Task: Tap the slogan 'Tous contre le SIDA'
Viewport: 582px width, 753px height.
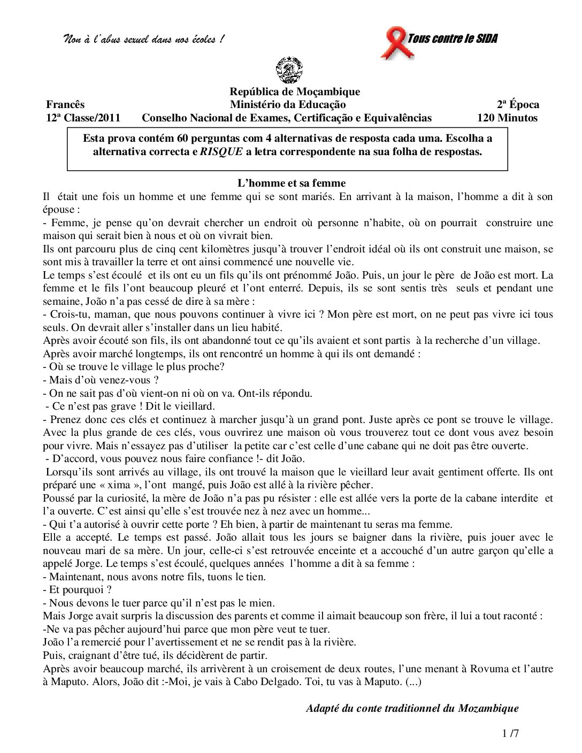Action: [x=453, y=39]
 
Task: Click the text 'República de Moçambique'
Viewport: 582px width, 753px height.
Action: [x=295, y=91]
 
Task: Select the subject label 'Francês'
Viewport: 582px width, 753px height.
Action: [x=65, y=104]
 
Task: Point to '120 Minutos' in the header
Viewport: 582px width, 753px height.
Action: [x=507, y=118]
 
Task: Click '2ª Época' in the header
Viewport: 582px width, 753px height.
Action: [x=518, y=104]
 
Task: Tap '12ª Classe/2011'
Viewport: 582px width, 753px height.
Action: [x=83, y=118]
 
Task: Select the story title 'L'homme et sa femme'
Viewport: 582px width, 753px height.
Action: [x=292, y=183]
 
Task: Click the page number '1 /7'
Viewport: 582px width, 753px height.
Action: [x=511, y=733]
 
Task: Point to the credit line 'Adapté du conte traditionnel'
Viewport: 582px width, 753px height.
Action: [x=412, y=708]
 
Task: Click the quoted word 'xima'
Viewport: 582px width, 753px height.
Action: [x=119, y=485]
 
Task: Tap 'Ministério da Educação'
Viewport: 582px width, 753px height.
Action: [x=288, y=104]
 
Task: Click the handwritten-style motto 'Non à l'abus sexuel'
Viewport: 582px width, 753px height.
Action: [x=143, y=40]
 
